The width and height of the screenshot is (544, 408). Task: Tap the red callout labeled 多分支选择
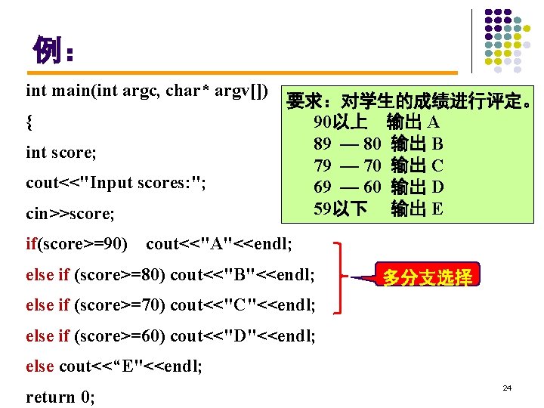427,277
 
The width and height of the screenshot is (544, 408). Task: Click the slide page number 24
507,388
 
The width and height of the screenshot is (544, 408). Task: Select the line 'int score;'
61,152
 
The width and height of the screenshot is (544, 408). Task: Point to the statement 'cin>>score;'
70,214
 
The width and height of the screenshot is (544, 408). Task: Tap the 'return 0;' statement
60,397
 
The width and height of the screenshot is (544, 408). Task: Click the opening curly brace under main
29,121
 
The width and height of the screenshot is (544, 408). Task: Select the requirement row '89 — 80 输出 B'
378,143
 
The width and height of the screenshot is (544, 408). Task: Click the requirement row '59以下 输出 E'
378,208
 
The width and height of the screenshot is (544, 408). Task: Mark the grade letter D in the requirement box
437,186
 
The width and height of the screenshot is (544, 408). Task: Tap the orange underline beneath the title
242,73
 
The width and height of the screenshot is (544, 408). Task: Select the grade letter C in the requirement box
437,165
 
